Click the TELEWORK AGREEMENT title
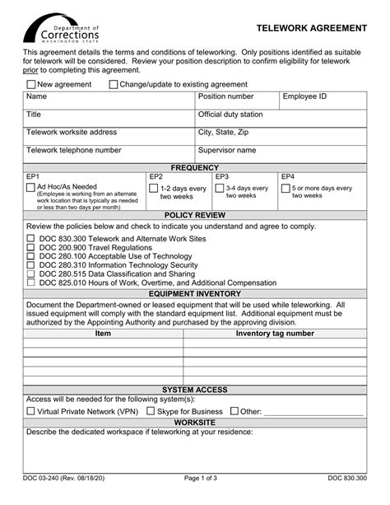click(x=311, y=28)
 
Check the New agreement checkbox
click(x=31, y=84)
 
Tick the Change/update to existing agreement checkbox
click(x=113, y=84)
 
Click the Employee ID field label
click(x=304, y=96)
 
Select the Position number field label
click(x=226, y=96)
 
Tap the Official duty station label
click(x=230, y=115)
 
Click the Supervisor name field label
click(x=227, y=151)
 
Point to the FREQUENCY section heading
click(x=195, y=167)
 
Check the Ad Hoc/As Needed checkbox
click(x=31, y=188)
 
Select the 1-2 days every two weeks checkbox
click(x=154, y=188)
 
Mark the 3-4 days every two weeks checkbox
click(x=220, y=188)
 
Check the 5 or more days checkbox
click(x=286, y=188)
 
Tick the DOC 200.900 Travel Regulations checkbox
click(x=31, y=248)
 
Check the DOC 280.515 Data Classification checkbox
click(x=31, y=274)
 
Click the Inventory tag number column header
click(x=275, y=334)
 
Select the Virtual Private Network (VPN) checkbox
click(x=31, y=411)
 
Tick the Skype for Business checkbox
click(x=151, y=411)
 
